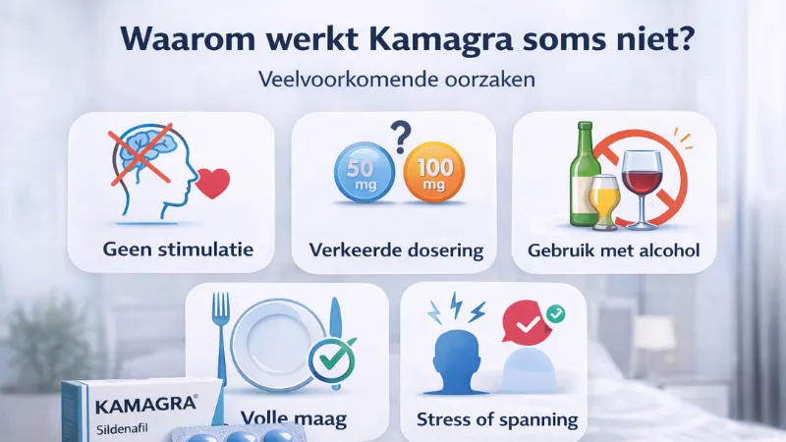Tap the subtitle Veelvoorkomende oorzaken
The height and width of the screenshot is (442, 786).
click(394, 80)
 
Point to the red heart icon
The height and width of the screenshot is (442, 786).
click(213, 183)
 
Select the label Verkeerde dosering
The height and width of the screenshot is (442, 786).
click(393, 250)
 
